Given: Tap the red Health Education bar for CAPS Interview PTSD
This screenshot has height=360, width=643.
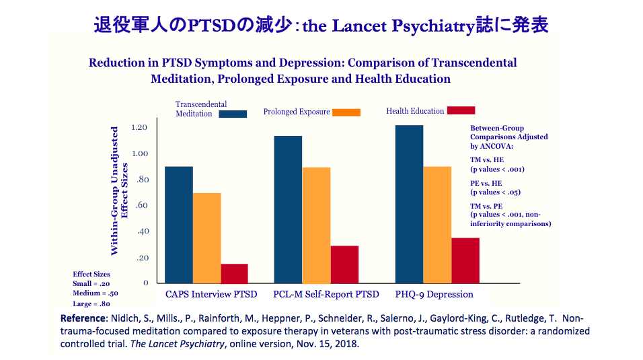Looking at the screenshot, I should pos(235,273).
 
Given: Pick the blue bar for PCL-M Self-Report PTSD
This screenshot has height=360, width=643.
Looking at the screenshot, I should pos(288,209).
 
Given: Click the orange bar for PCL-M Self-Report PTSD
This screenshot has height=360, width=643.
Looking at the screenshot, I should pos(316,225).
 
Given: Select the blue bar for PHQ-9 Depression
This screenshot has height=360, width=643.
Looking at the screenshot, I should pos(409,204).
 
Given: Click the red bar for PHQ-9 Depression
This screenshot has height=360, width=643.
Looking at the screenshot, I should pos(465,260).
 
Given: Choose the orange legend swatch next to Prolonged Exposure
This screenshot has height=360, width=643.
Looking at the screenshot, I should pos(346,112).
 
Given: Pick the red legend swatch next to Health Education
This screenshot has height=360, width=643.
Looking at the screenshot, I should pos(461,110).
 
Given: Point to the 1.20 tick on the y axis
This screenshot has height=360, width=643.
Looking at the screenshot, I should pos(139,127).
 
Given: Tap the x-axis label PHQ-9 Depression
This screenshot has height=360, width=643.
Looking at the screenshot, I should pos(434,294).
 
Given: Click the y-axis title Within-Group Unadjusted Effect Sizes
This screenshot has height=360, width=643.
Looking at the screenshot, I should pos(118,190).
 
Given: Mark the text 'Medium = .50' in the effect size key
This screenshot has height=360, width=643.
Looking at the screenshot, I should pos(95,293).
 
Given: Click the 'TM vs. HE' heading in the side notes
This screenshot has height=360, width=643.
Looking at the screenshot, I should pos(486,159).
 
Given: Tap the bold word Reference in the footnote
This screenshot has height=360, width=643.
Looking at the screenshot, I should pos(83,318).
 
